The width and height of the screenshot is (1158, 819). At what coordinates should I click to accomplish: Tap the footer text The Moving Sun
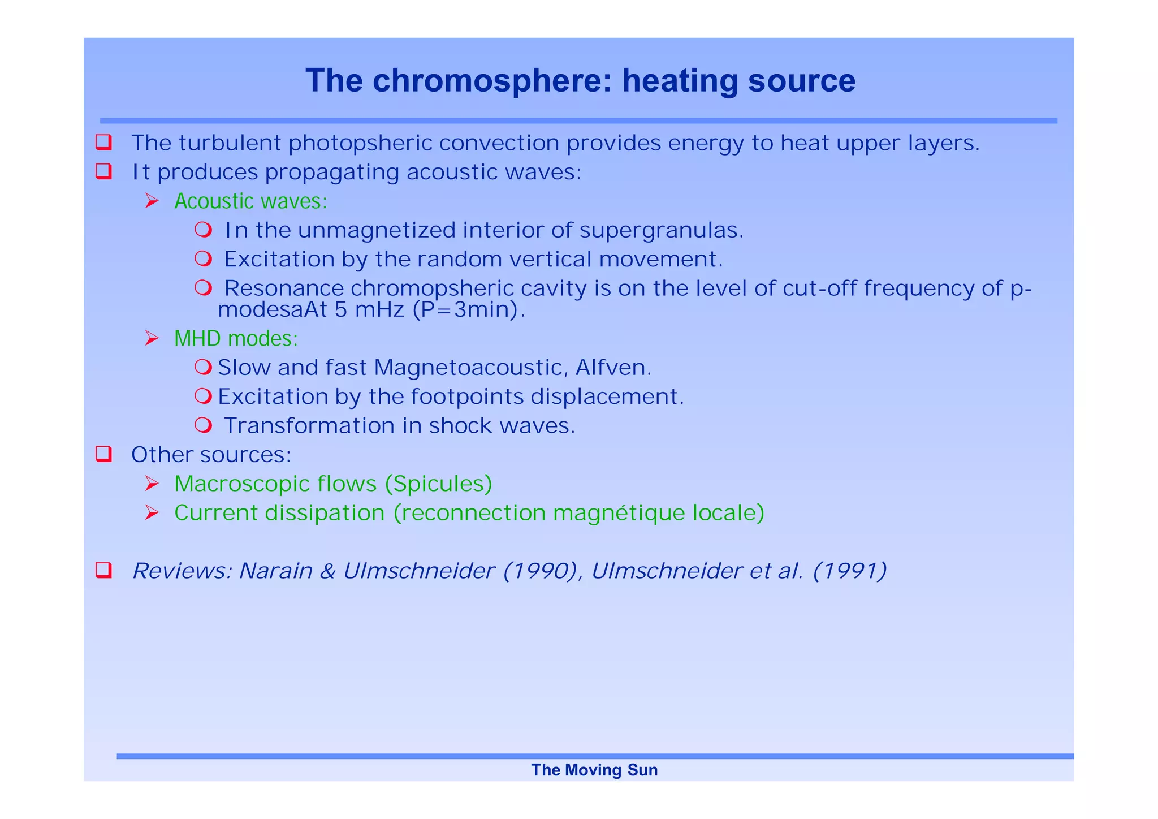click(594, 770)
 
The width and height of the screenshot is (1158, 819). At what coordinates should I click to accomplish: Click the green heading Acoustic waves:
click(250, 201)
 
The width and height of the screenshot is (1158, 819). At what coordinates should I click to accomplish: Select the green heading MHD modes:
click(236, 338)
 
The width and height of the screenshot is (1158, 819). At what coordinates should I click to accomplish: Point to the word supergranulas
click(661, 230)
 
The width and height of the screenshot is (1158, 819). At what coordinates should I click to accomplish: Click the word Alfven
click(613, 368)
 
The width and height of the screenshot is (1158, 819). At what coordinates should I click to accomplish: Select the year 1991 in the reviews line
click(849, 571)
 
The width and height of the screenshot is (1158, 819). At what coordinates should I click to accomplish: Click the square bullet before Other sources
click(103, 454)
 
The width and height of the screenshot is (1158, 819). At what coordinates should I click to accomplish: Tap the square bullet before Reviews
click(103, 570)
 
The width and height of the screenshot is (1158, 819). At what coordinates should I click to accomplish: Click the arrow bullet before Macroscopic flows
click(152, 484)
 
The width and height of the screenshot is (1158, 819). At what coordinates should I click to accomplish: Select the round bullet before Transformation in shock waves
click(203, 425)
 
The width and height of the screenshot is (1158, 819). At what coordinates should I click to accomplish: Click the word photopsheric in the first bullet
click(360, 143)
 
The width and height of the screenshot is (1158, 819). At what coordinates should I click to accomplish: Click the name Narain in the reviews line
click(275, 571)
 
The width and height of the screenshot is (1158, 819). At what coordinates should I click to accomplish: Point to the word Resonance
click(284, 288)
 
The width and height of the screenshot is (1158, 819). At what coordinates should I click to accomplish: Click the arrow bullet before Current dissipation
click(152, 513)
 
